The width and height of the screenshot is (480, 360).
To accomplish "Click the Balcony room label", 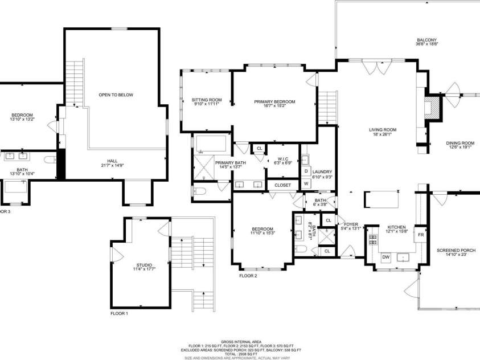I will [426, 39].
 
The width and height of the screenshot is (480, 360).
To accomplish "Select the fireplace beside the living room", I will [434, 107].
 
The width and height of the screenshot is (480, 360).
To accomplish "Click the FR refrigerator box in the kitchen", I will [421, 235].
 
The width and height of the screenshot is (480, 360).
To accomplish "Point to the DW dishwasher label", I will [385, 257].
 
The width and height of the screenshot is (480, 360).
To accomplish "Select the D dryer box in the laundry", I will [306, 171].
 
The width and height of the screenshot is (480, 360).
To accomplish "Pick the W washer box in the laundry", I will [306, 183].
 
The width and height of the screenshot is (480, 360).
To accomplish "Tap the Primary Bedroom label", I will [274, 102].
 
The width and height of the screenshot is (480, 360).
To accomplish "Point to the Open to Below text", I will [116, 95].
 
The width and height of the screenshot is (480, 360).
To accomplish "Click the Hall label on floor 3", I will [112, 161].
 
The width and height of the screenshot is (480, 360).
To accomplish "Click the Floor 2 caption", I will [248, 276].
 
